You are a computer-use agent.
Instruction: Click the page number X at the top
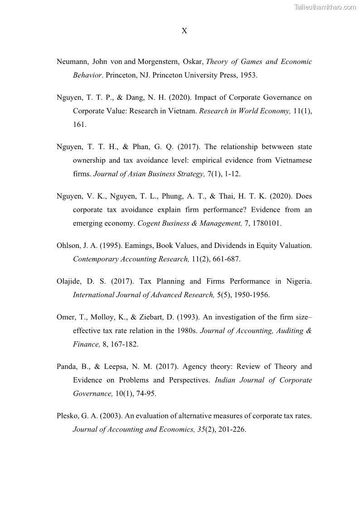pos(184,31)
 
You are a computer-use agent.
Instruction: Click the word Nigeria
pos(298,281)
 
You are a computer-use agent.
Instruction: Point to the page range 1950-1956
pos(249,295)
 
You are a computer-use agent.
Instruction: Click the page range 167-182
pos(123,344)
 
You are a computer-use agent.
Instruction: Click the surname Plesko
pos(68,416)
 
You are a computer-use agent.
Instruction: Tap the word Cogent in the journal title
pos(149,223)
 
